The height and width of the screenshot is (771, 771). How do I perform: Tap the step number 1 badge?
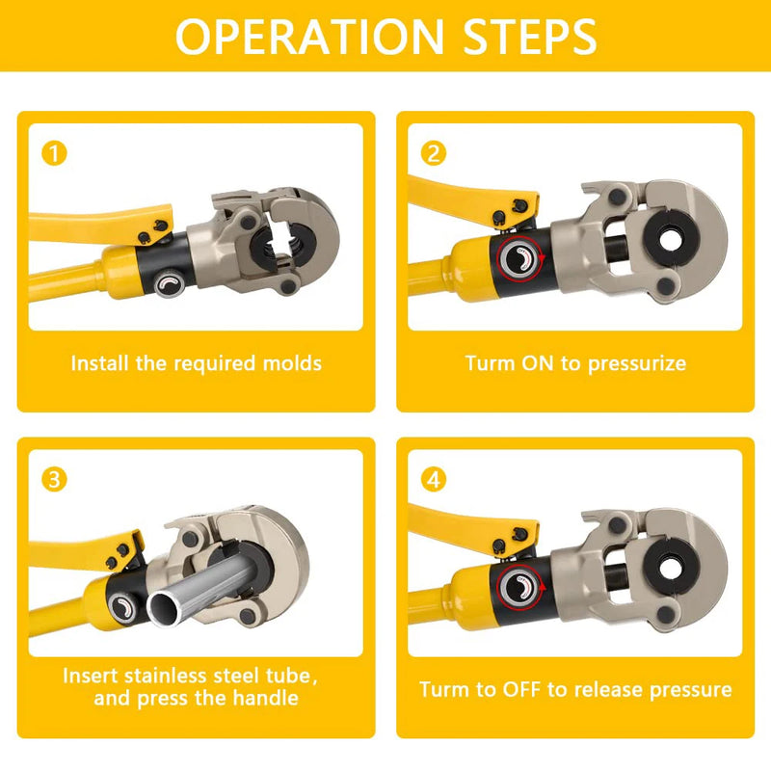coord(56,153)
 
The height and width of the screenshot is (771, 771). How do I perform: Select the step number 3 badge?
coord(56,479)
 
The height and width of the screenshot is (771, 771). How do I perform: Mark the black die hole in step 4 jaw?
coord(667,560)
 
